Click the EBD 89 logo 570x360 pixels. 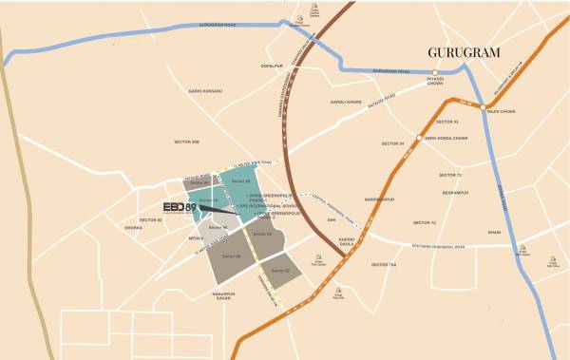[180, 208]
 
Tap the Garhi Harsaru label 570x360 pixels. [204, 91]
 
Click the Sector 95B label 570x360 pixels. [186, 142]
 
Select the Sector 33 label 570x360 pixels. [446, 123]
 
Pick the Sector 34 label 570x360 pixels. [392, 143]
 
